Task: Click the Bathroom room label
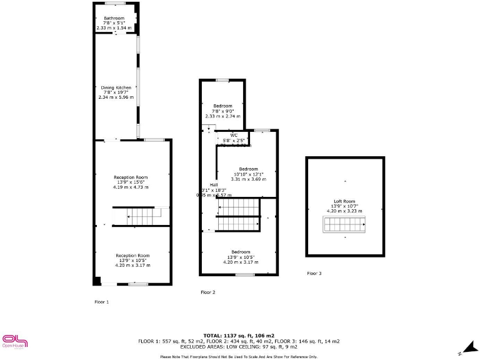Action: (114, 18)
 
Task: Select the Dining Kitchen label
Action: (116, 87)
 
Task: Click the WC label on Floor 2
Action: (234, 135)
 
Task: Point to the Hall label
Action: (214, 185)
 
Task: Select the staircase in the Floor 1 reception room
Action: (140, 217)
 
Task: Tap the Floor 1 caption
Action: (101, 302)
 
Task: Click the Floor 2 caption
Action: (207, 292)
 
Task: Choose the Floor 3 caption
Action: (314, 274)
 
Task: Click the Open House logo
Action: (16, 341)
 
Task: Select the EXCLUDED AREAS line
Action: (239, 346)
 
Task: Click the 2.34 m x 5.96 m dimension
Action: (116, 97)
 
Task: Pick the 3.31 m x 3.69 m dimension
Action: (248, 179)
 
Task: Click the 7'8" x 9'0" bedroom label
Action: (222, 111)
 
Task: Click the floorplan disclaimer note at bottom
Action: (239, 356)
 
